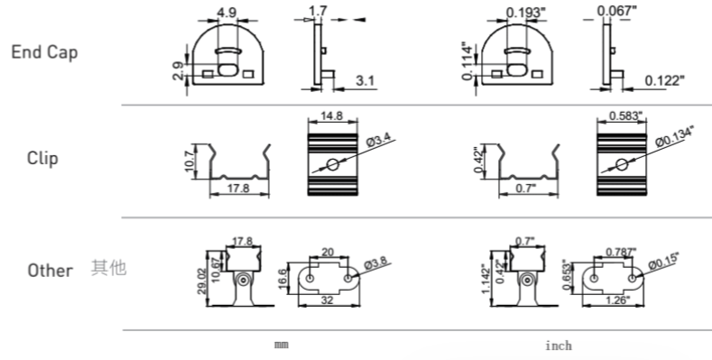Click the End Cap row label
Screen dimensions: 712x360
coord(44,52)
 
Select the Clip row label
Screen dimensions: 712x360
coord(42,159)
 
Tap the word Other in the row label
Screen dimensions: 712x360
coord(50,271)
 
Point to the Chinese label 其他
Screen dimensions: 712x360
coord(108,268)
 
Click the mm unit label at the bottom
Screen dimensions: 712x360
coord(282,345)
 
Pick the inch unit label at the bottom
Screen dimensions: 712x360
coord(559,346)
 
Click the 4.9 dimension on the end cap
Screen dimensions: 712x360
coord(227,13)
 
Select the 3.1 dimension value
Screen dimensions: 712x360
coord(365,81)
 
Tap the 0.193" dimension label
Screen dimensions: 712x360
coord(525,13)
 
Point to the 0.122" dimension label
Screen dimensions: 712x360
coord(664,81)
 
